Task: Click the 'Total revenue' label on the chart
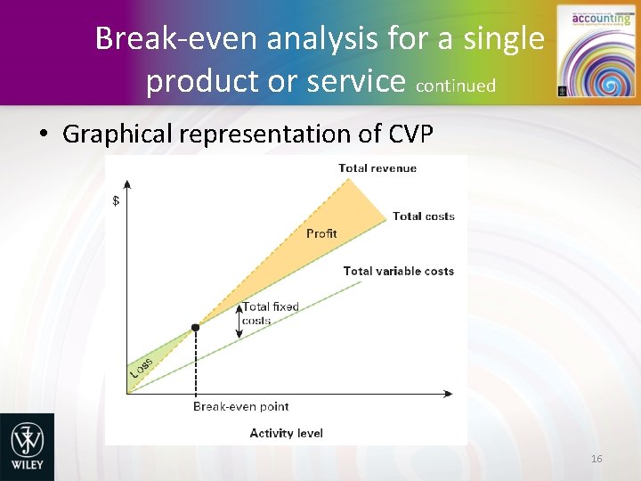tap(377, 168)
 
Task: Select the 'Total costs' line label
tap(423, 216)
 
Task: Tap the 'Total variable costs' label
tap(398, 272)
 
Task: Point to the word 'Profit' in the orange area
tap(321, 233)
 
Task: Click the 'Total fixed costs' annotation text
tap(270, 314)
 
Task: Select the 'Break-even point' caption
tap(240, 407)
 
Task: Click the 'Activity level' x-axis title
tap(286, 434)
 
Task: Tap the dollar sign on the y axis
tap(116, 200)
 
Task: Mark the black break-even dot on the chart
tap(195, 328)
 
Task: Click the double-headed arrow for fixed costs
tap(239, 322)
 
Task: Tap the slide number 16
tap(596, 459)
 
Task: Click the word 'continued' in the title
tap(455, 86)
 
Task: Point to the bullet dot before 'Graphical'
tap(43, 135)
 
